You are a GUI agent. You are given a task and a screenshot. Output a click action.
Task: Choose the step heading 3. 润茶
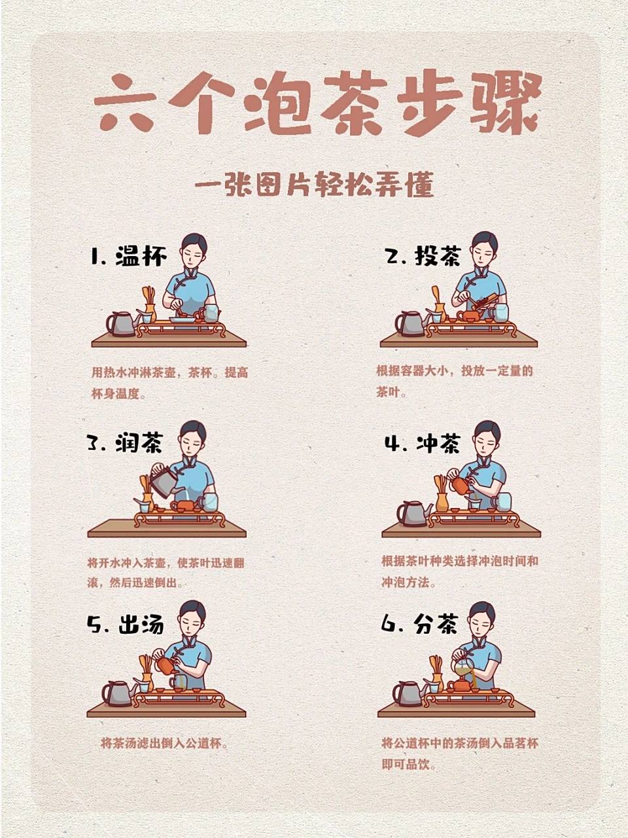(x=125, y=443)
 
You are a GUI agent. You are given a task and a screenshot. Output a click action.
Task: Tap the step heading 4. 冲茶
(x=423, y=444)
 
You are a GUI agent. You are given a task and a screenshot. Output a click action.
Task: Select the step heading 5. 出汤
(x=125, y=625)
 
